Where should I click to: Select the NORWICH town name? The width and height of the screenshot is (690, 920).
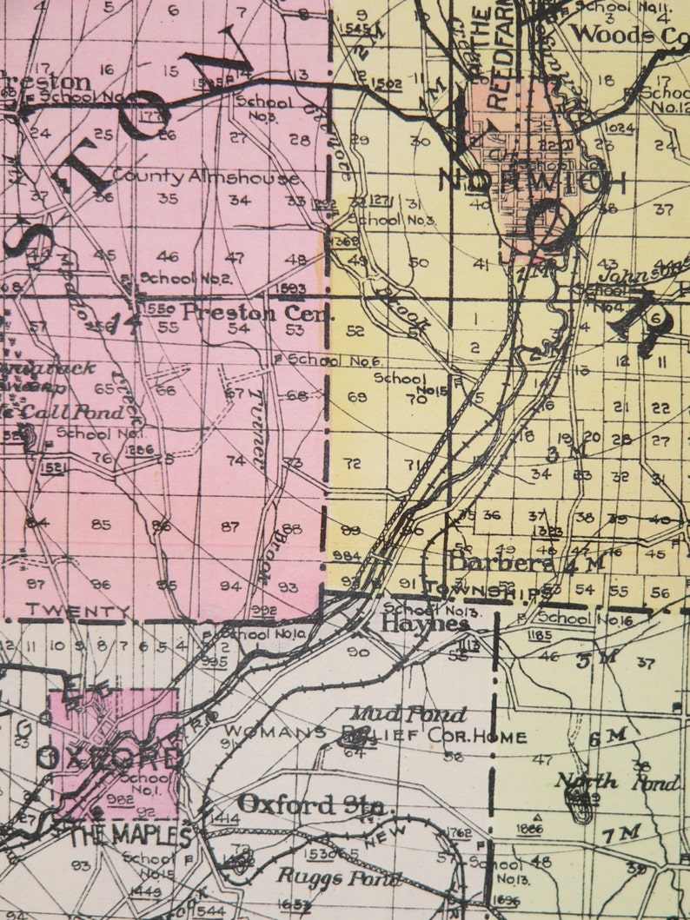point(532,180)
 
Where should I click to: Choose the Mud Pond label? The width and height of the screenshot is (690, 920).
point(421,714)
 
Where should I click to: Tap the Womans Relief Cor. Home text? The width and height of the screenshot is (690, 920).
point(374,737)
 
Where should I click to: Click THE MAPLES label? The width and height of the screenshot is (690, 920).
point(131,837)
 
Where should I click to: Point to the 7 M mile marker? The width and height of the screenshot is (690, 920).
point(621,833)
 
